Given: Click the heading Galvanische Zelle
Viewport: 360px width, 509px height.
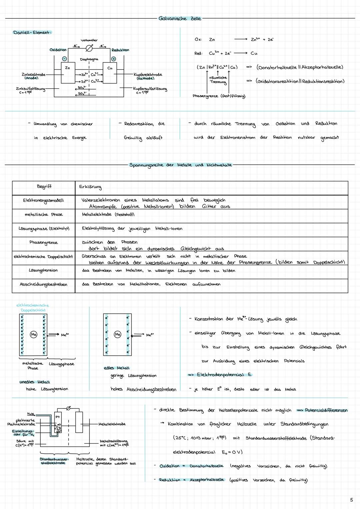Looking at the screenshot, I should point(180,18).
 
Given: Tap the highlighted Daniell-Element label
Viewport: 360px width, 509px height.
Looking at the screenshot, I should point(32,32).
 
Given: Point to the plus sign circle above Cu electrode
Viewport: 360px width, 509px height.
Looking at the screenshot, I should point(113,59).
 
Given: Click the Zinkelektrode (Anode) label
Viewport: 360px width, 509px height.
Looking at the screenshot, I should point(32,76).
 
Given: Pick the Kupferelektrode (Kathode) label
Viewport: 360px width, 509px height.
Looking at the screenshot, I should point(147,76).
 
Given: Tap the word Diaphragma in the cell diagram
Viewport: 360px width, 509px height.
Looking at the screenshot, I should point(89,59).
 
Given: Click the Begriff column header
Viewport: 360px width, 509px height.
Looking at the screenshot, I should point(44,187).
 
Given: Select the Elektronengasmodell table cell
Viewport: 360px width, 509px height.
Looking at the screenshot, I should point(43,200).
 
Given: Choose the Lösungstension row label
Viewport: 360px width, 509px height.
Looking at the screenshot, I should point(43,270).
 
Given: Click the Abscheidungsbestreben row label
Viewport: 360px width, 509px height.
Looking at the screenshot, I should point(43,284).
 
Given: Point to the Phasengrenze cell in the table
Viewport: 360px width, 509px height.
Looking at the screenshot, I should point(43,242).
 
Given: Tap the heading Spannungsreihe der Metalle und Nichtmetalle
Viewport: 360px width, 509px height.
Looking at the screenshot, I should point(180,165).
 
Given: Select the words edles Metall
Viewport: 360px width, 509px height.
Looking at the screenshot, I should point(117,368).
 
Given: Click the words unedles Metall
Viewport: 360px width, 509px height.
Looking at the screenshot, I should point(35,382).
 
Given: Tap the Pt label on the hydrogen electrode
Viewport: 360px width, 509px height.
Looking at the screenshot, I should point(58,416).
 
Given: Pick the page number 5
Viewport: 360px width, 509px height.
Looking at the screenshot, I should point(351,500).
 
